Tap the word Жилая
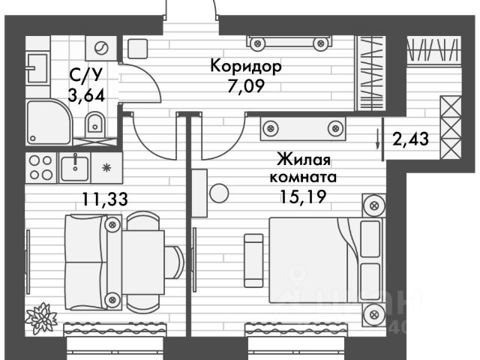pyautogui.click(x=304, y=160)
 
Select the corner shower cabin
pyautogui.click(x=47, y=121)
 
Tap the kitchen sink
pyautogui.click(x=75, y=166)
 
